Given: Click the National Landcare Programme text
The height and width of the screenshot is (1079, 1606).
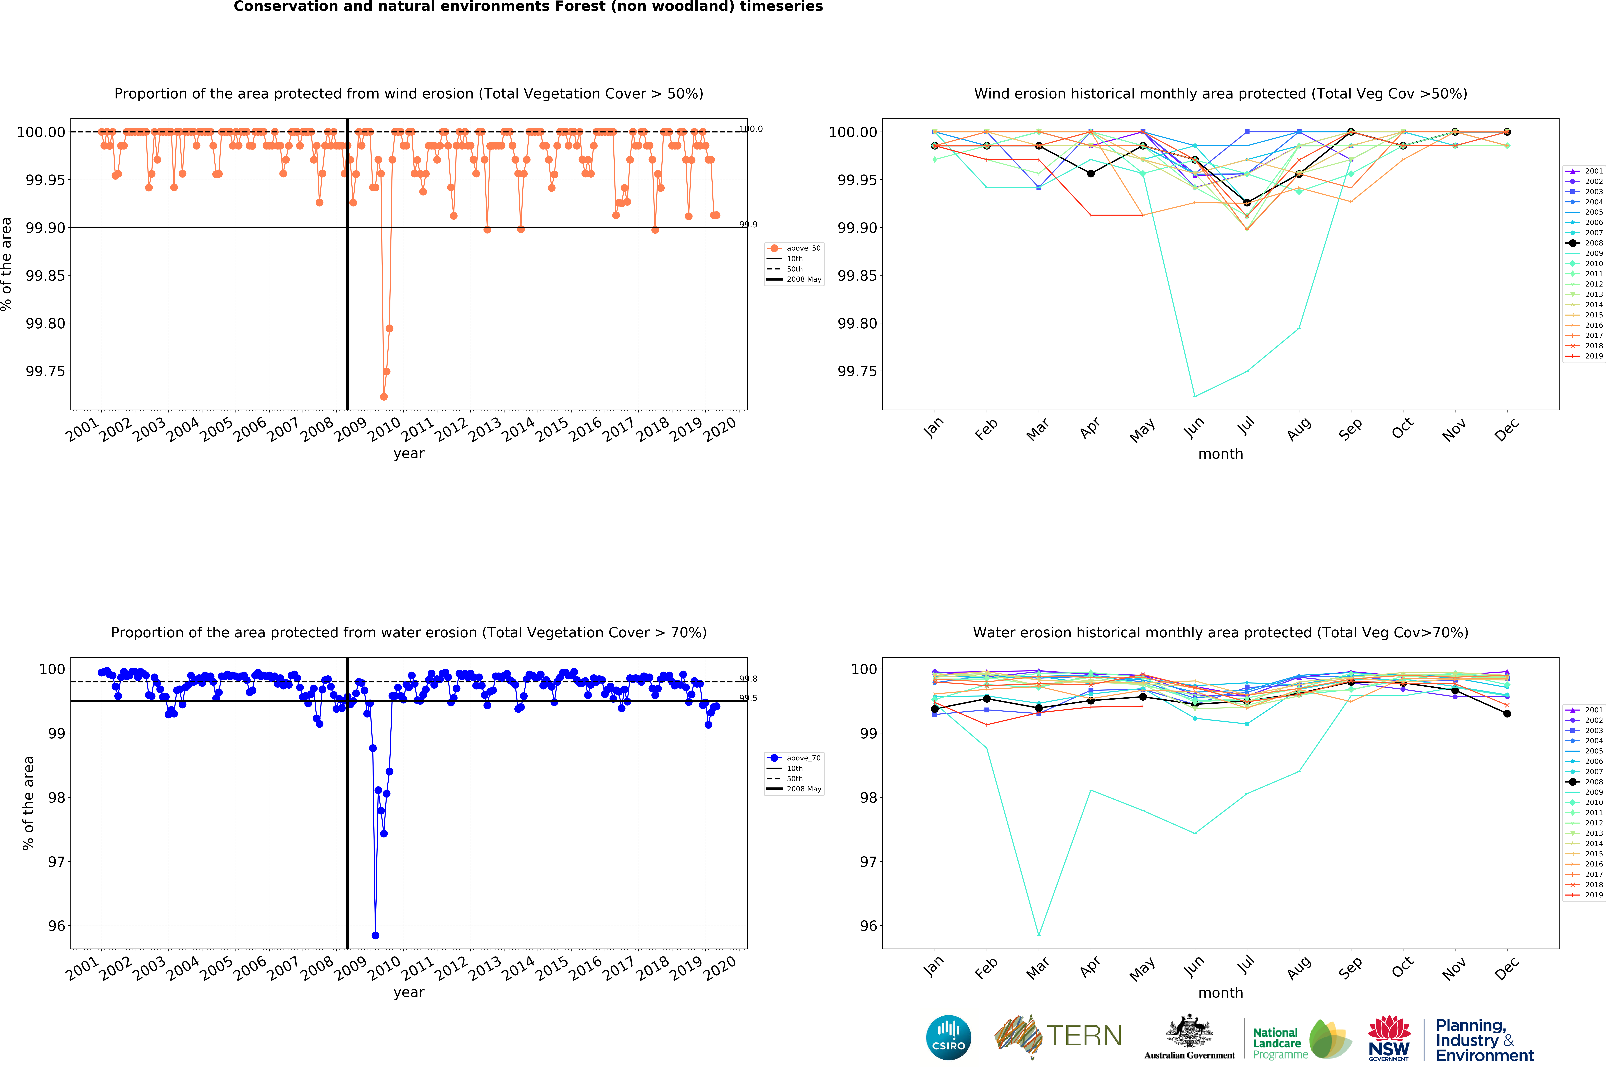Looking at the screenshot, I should [x=1280, y=1043].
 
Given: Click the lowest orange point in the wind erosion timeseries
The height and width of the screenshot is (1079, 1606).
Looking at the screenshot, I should [x=384, y=396].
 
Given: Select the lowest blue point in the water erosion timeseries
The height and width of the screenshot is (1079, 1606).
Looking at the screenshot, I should [x=375, y=935].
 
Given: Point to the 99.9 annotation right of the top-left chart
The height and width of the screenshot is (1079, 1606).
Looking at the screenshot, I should [x=748, y=224].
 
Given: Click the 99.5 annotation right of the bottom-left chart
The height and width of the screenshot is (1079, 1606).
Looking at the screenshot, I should [x=748, y=698].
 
